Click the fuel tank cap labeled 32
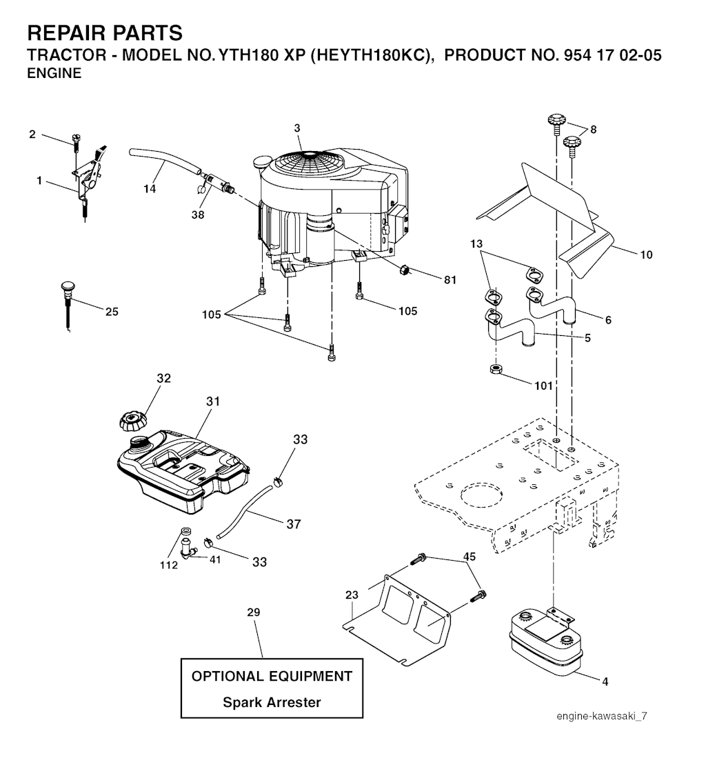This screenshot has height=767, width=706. pos(132,421)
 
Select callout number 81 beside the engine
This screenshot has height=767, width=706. pos(450,279)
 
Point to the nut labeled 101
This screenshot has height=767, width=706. pos(496,369)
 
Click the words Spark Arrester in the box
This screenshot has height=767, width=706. pos(272,702)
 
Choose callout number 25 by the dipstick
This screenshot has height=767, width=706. pos(112,312)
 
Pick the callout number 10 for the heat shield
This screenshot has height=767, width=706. pos(646,255)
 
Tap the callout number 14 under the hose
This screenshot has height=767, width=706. pos(150,188)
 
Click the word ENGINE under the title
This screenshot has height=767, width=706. pos(54,73)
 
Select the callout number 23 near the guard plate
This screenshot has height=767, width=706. pos(352,595)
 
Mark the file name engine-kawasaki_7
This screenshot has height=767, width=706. pos(601,716)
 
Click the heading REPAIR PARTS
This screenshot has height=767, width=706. pos(105,33)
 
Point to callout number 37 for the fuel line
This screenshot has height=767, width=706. pos(293,524)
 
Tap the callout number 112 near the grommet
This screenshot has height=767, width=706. pos(169,565)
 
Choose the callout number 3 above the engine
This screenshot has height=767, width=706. pos(297,128)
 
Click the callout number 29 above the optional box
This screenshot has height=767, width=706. pos(253,612)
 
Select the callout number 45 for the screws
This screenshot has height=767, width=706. pos(470,557)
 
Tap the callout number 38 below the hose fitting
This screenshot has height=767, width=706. pos(197,215)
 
